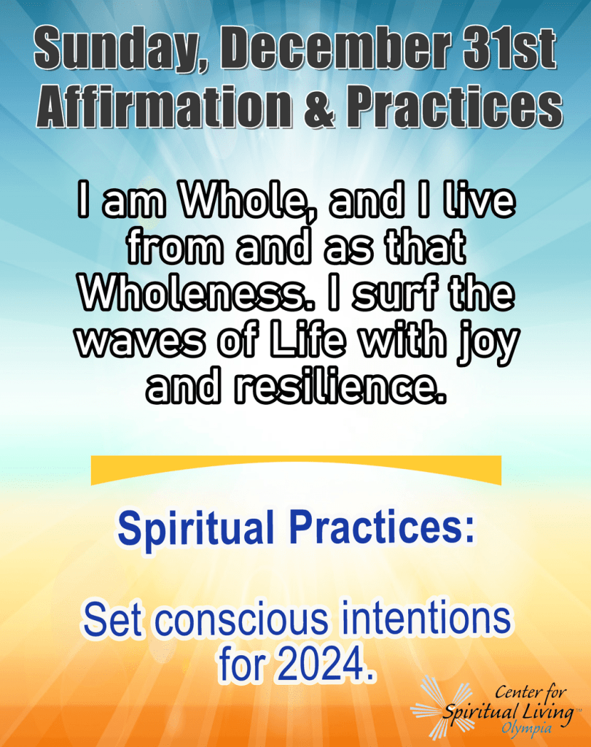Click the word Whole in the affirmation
243,201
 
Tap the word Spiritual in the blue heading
196,529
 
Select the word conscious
242,620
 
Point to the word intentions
424,619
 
